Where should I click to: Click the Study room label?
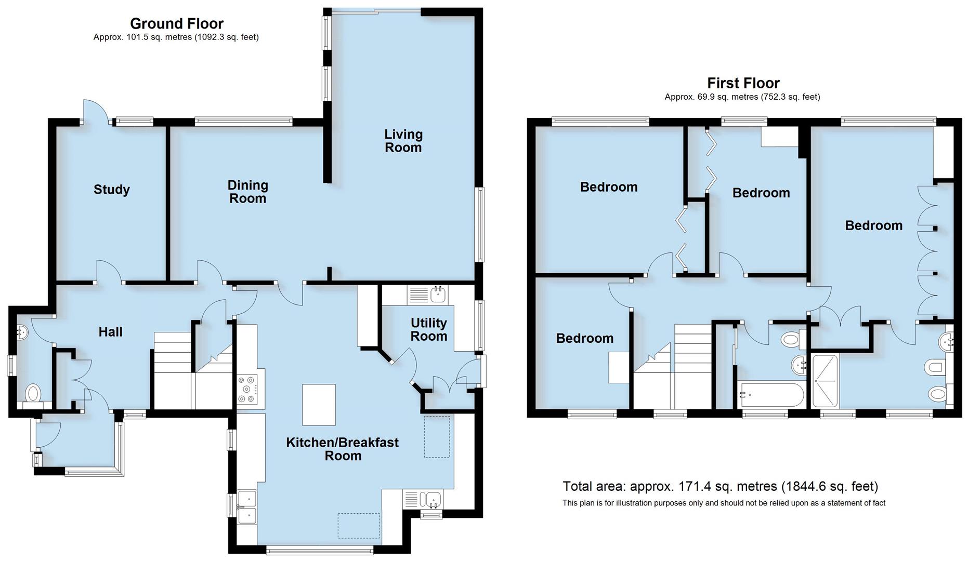(111, 190)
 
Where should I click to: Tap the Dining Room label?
(247, 192)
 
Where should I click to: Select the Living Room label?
(403, 141)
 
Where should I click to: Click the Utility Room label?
(428, 329)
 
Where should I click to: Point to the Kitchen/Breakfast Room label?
(342, 449)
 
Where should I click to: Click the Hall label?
(110, 332)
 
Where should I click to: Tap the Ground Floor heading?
(176, 23)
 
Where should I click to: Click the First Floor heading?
(743, 83)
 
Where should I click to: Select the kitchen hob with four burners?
(247, 390)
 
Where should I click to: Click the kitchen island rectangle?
(319, 405)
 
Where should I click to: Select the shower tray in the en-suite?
(825, 381)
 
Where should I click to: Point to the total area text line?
(720, 486)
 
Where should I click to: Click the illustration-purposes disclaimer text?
(723, 503)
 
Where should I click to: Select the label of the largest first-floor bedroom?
(873, 225)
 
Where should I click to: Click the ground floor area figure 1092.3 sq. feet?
(226, 37)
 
